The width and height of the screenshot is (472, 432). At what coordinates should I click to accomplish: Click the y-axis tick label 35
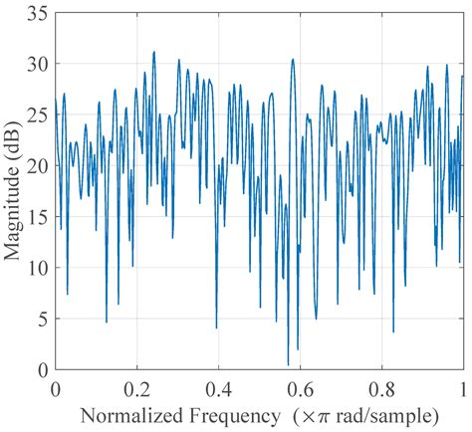(39, 13)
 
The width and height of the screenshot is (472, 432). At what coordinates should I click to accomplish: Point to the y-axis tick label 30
(39, 64)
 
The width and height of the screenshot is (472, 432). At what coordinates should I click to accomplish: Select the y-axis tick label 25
(39, 114)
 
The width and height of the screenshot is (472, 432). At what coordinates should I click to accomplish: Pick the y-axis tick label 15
(39, 217)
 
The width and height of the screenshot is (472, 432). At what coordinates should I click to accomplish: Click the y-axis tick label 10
(39, 268)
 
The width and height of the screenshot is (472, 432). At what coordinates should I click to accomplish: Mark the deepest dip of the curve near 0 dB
(288, 365)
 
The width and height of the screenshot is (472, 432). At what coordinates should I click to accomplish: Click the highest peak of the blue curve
(153, 52)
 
